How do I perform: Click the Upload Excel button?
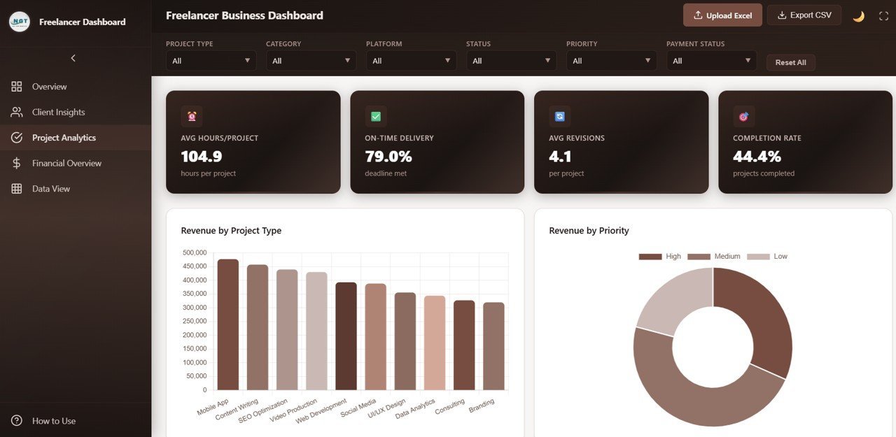tap(722, 15)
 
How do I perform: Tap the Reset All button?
tap(790, 62)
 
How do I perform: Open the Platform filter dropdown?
tap(411, 61)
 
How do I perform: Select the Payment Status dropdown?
tap(711, 61)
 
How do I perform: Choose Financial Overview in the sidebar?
tap(66, 163)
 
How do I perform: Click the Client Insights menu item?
tap(58, 112)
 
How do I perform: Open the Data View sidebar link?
tap(51, 189)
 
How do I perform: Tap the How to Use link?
tap(54, 421)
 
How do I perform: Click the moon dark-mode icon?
tap(858, 16)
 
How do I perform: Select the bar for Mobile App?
tap(227, 325)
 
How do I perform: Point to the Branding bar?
tap(493, 346)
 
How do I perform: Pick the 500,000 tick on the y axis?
tap(194, 252)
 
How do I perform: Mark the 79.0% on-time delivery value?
tap(388, 157)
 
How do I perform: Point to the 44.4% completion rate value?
tap(757, 157)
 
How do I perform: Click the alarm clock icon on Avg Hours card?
tap(192, 116)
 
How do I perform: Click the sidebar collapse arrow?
tap(73, 58)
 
